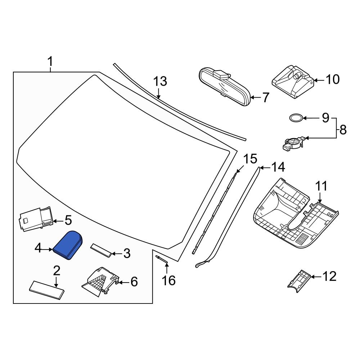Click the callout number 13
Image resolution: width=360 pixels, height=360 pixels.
point(160,82)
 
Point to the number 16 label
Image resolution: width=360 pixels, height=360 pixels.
point(168,280)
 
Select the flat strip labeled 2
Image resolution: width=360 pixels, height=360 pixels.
point(46,289)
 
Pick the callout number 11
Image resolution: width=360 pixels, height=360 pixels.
point(321,186)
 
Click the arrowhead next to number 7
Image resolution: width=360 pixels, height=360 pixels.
point(252,97)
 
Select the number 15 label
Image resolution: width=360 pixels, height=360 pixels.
point(250,159)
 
